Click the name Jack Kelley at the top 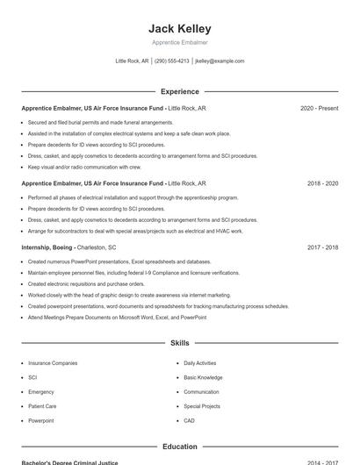180,29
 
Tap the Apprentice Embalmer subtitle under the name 180,42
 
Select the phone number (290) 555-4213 171,61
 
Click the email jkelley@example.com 220,61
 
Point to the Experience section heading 180,91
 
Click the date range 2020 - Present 319,108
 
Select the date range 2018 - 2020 322,183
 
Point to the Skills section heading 180,343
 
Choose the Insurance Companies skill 53,362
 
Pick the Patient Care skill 42,406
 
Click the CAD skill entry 189,421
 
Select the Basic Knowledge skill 203,377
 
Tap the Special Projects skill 202,406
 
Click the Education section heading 180,447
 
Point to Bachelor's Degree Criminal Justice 69,462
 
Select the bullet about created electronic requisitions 86,284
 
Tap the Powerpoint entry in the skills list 40,421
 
